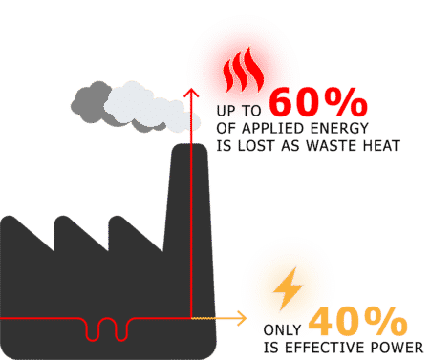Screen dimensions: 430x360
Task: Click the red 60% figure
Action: tap(318, 102)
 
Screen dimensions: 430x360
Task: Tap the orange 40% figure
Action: tap(357, 322)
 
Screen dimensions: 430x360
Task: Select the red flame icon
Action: tap(244, 70)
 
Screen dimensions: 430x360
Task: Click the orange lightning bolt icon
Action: tap(289, 288)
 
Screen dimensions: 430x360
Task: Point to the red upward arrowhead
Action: tap(191, 93)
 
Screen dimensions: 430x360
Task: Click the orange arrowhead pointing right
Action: tap(242, 318)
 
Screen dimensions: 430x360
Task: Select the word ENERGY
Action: tap(339, 128)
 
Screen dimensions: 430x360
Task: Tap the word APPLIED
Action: tap(272, 128)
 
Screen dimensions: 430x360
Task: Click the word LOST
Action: tap(256, 146)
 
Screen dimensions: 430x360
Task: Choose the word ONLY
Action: tap(282, 329)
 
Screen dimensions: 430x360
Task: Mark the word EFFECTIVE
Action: tap(320, 348)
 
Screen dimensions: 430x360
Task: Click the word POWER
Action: tap(392, 348)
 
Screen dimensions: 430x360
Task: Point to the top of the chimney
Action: tap(190, 145)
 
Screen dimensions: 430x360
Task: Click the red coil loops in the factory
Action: tap(107, 329)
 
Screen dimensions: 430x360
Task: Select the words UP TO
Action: tap(239, 111)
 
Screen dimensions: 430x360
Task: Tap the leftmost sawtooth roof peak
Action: tap(10, 218)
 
